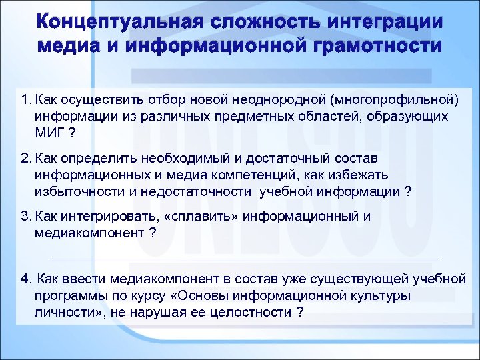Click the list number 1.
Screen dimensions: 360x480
[x=25, y=100]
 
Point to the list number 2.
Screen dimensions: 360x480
[x=25, y=159]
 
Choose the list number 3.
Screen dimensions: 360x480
[x=25, y=217]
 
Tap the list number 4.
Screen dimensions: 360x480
[x=25, y=279]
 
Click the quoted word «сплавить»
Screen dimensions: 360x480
[x=209, y=217]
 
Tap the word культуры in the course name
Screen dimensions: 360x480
[x=385, y=295]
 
